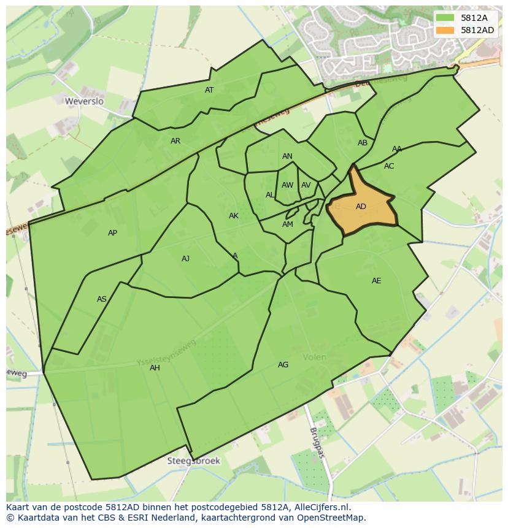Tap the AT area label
click(x=209, y=90)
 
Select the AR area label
click(x=175, y=141)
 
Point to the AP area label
click(x=112, y=233)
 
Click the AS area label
click(x=102, y=299)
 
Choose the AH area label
click(x=155, y=368)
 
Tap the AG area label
click(x=283, y=365)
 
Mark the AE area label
click(x=376, y=281)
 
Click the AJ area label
click(x=185, y=259)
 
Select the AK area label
click(x=234, y=216)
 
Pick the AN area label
click(x=287, y=156)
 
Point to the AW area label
click(x=287, y=185)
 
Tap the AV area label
click(x=306, y=185)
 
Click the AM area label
click(x=288, y=224)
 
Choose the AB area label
click(x=363, y=143)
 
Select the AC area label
click(x=389, y=166)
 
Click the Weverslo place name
click(x=85, y=101)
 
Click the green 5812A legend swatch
click(x=445, y=18)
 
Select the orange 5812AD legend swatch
click(x=445, y=30)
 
